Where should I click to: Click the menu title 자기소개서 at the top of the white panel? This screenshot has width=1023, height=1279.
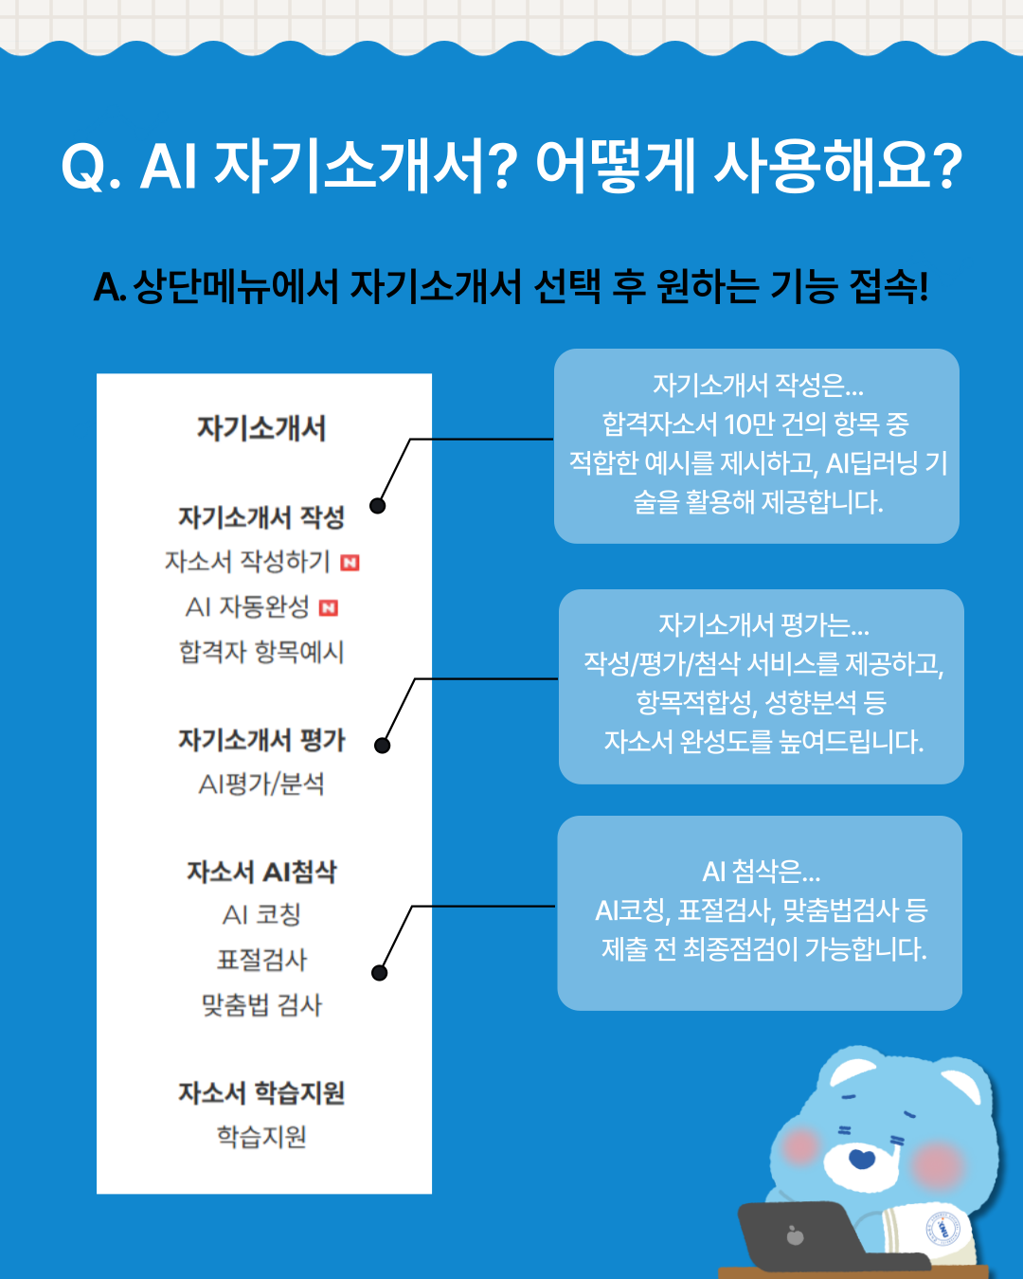260,428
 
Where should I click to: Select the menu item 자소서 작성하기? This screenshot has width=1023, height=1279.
247,561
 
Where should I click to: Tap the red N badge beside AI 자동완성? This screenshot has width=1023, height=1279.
329,607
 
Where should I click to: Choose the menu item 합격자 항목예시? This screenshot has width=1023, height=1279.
261,652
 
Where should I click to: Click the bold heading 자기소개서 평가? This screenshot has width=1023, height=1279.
261,740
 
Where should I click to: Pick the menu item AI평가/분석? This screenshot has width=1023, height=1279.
261,784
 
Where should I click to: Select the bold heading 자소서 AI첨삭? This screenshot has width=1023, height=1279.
261,872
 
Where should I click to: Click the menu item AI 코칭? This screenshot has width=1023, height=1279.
261,914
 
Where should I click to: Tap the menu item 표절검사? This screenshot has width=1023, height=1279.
261,960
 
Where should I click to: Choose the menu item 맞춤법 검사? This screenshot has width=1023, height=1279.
261,1005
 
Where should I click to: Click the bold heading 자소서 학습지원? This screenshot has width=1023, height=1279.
261,1092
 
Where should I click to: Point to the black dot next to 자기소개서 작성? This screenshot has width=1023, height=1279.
377,506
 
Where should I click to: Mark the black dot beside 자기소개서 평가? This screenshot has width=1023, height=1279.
383,746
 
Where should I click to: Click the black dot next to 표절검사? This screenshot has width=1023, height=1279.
379,973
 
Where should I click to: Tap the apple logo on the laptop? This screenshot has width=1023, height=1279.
795,1235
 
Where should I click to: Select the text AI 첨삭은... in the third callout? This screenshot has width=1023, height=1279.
761,872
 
